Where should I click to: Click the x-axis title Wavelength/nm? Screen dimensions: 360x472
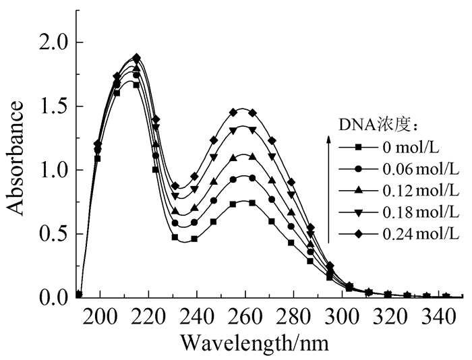[x=254, y=342]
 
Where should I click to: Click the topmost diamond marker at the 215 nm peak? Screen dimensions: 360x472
[x=137, y=58]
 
